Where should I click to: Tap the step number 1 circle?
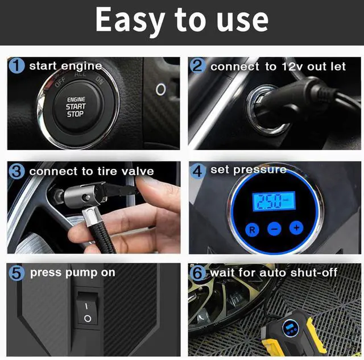[x=17, y=66]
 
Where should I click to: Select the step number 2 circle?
[x=197, y=66]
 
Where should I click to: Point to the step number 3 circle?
[x=17, y=171]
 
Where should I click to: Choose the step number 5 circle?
[x=17, y=273]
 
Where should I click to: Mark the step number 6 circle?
[x=197, y=273]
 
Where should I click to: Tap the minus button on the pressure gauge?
[x=274, y=229]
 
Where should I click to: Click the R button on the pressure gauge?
[x=251, y=230]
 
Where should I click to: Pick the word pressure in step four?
[x=259, y=170]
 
